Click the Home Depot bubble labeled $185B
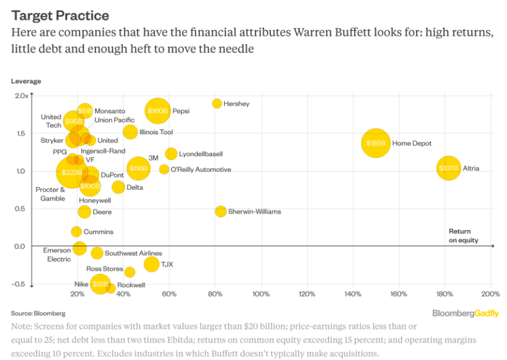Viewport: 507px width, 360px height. coord(375,143)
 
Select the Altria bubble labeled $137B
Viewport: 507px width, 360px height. coord(449,168)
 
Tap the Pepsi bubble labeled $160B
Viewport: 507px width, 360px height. coord(158,110)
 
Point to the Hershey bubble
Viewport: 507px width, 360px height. coord(217,104)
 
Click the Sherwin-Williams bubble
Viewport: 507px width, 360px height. coord(221,211)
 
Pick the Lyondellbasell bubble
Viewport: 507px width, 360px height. coord(171,154)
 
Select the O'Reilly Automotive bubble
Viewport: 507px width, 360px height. coord(164,170)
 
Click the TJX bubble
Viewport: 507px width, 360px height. coord(152,264)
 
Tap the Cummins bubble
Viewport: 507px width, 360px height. coord(76,232)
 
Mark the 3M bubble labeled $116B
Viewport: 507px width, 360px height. coord(138,169)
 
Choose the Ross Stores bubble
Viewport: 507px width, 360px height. coord(130,272)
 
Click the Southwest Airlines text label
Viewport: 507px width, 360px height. coord(133,253)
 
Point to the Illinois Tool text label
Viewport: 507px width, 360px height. coord(156,132)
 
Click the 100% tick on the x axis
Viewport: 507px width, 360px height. coord(261,294)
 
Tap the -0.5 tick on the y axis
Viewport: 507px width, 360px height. coord(20,284)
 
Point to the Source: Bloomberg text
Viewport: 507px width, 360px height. coord(38,313)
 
